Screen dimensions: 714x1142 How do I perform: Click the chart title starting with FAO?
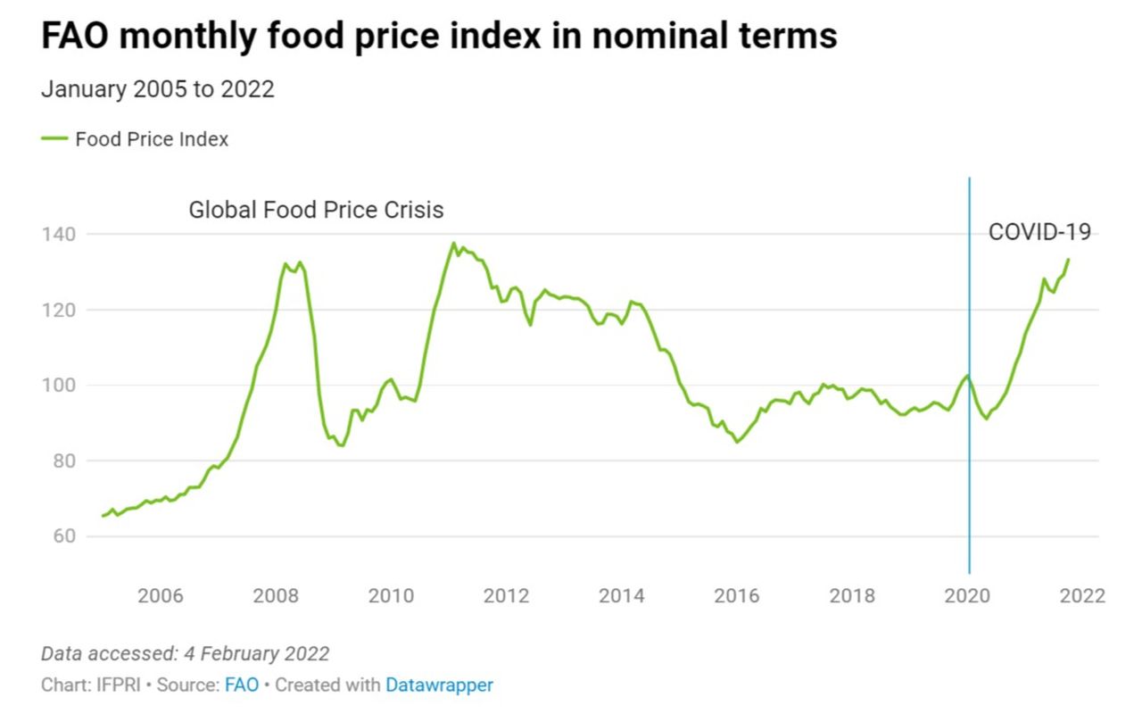pos(439,37)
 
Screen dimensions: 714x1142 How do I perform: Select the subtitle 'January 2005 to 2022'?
pos(157,89)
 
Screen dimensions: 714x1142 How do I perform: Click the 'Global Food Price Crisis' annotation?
pos(316,211)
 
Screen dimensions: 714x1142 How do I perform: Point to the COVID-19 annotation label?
pos(1039,232)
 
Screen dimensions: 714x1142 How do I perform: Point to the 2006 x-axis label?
pos(161,595)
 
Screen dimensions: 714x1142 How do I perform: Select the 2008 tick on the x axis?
pos(276,595)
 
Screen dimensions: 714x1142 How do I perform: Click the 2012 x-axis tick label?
pos(507,595)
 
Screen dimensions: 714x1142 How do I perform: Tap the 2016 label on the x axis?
pos(737,595)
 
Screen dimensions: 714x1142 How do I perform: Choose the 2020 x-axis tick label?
pos(968,595)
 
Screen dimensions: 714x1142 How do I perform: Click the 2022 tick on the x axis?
pos(1082,595)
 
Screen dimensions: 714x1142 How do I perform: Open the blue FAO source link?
pos(242,685)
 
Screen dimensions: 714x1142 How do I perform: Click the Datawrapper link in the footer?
pos(439,685)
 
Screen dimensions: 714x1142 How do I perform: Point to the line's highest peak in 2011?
pos(453,243)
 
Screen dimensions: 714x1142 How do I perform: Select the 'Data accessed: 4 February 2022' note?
pos(186,653)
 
